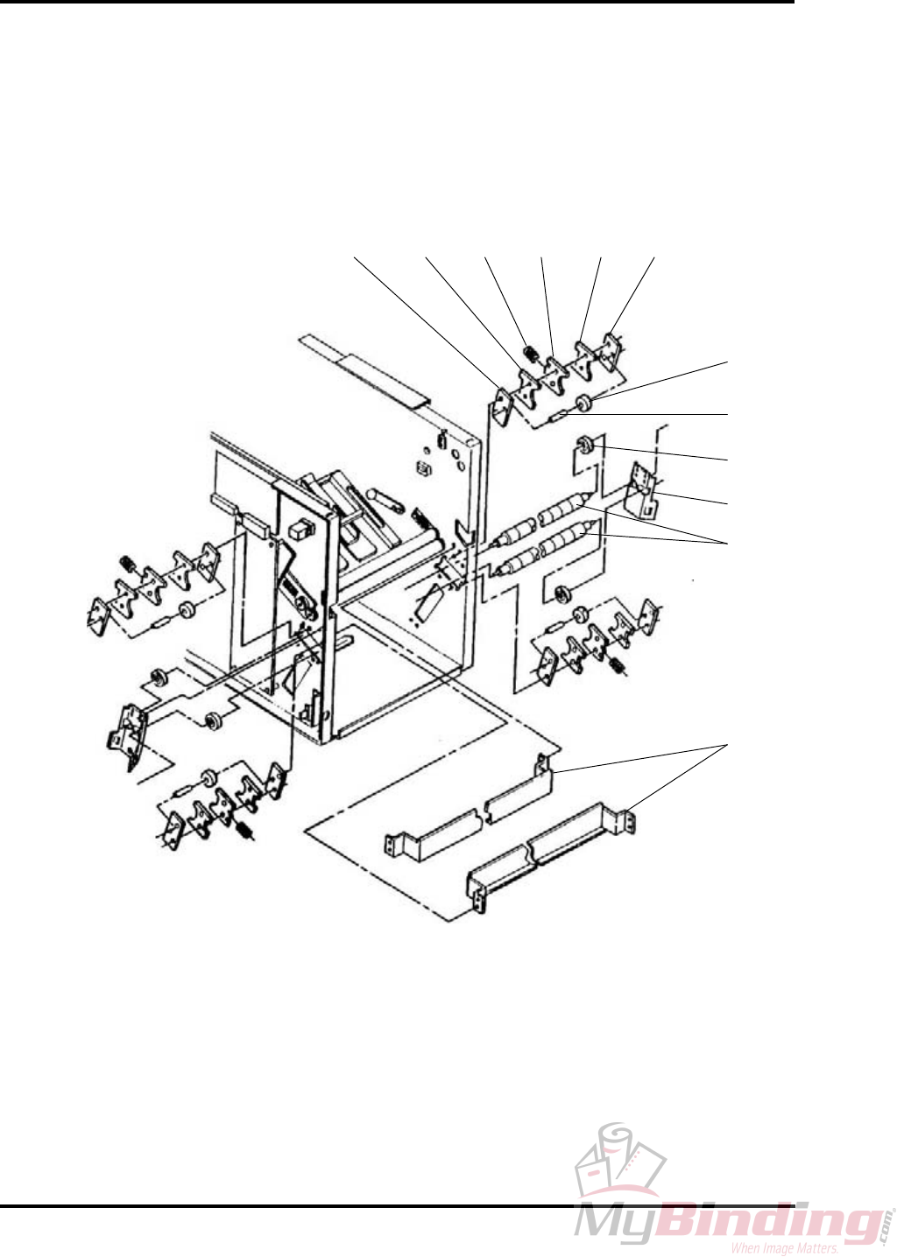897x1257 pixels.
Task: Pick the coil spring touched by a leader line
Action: tap(530, 354)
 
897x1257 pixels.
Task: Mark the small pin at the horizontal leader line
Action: tap(556, 418)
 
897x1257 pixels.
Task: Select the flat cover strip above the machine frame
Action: tap(364, 369)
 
